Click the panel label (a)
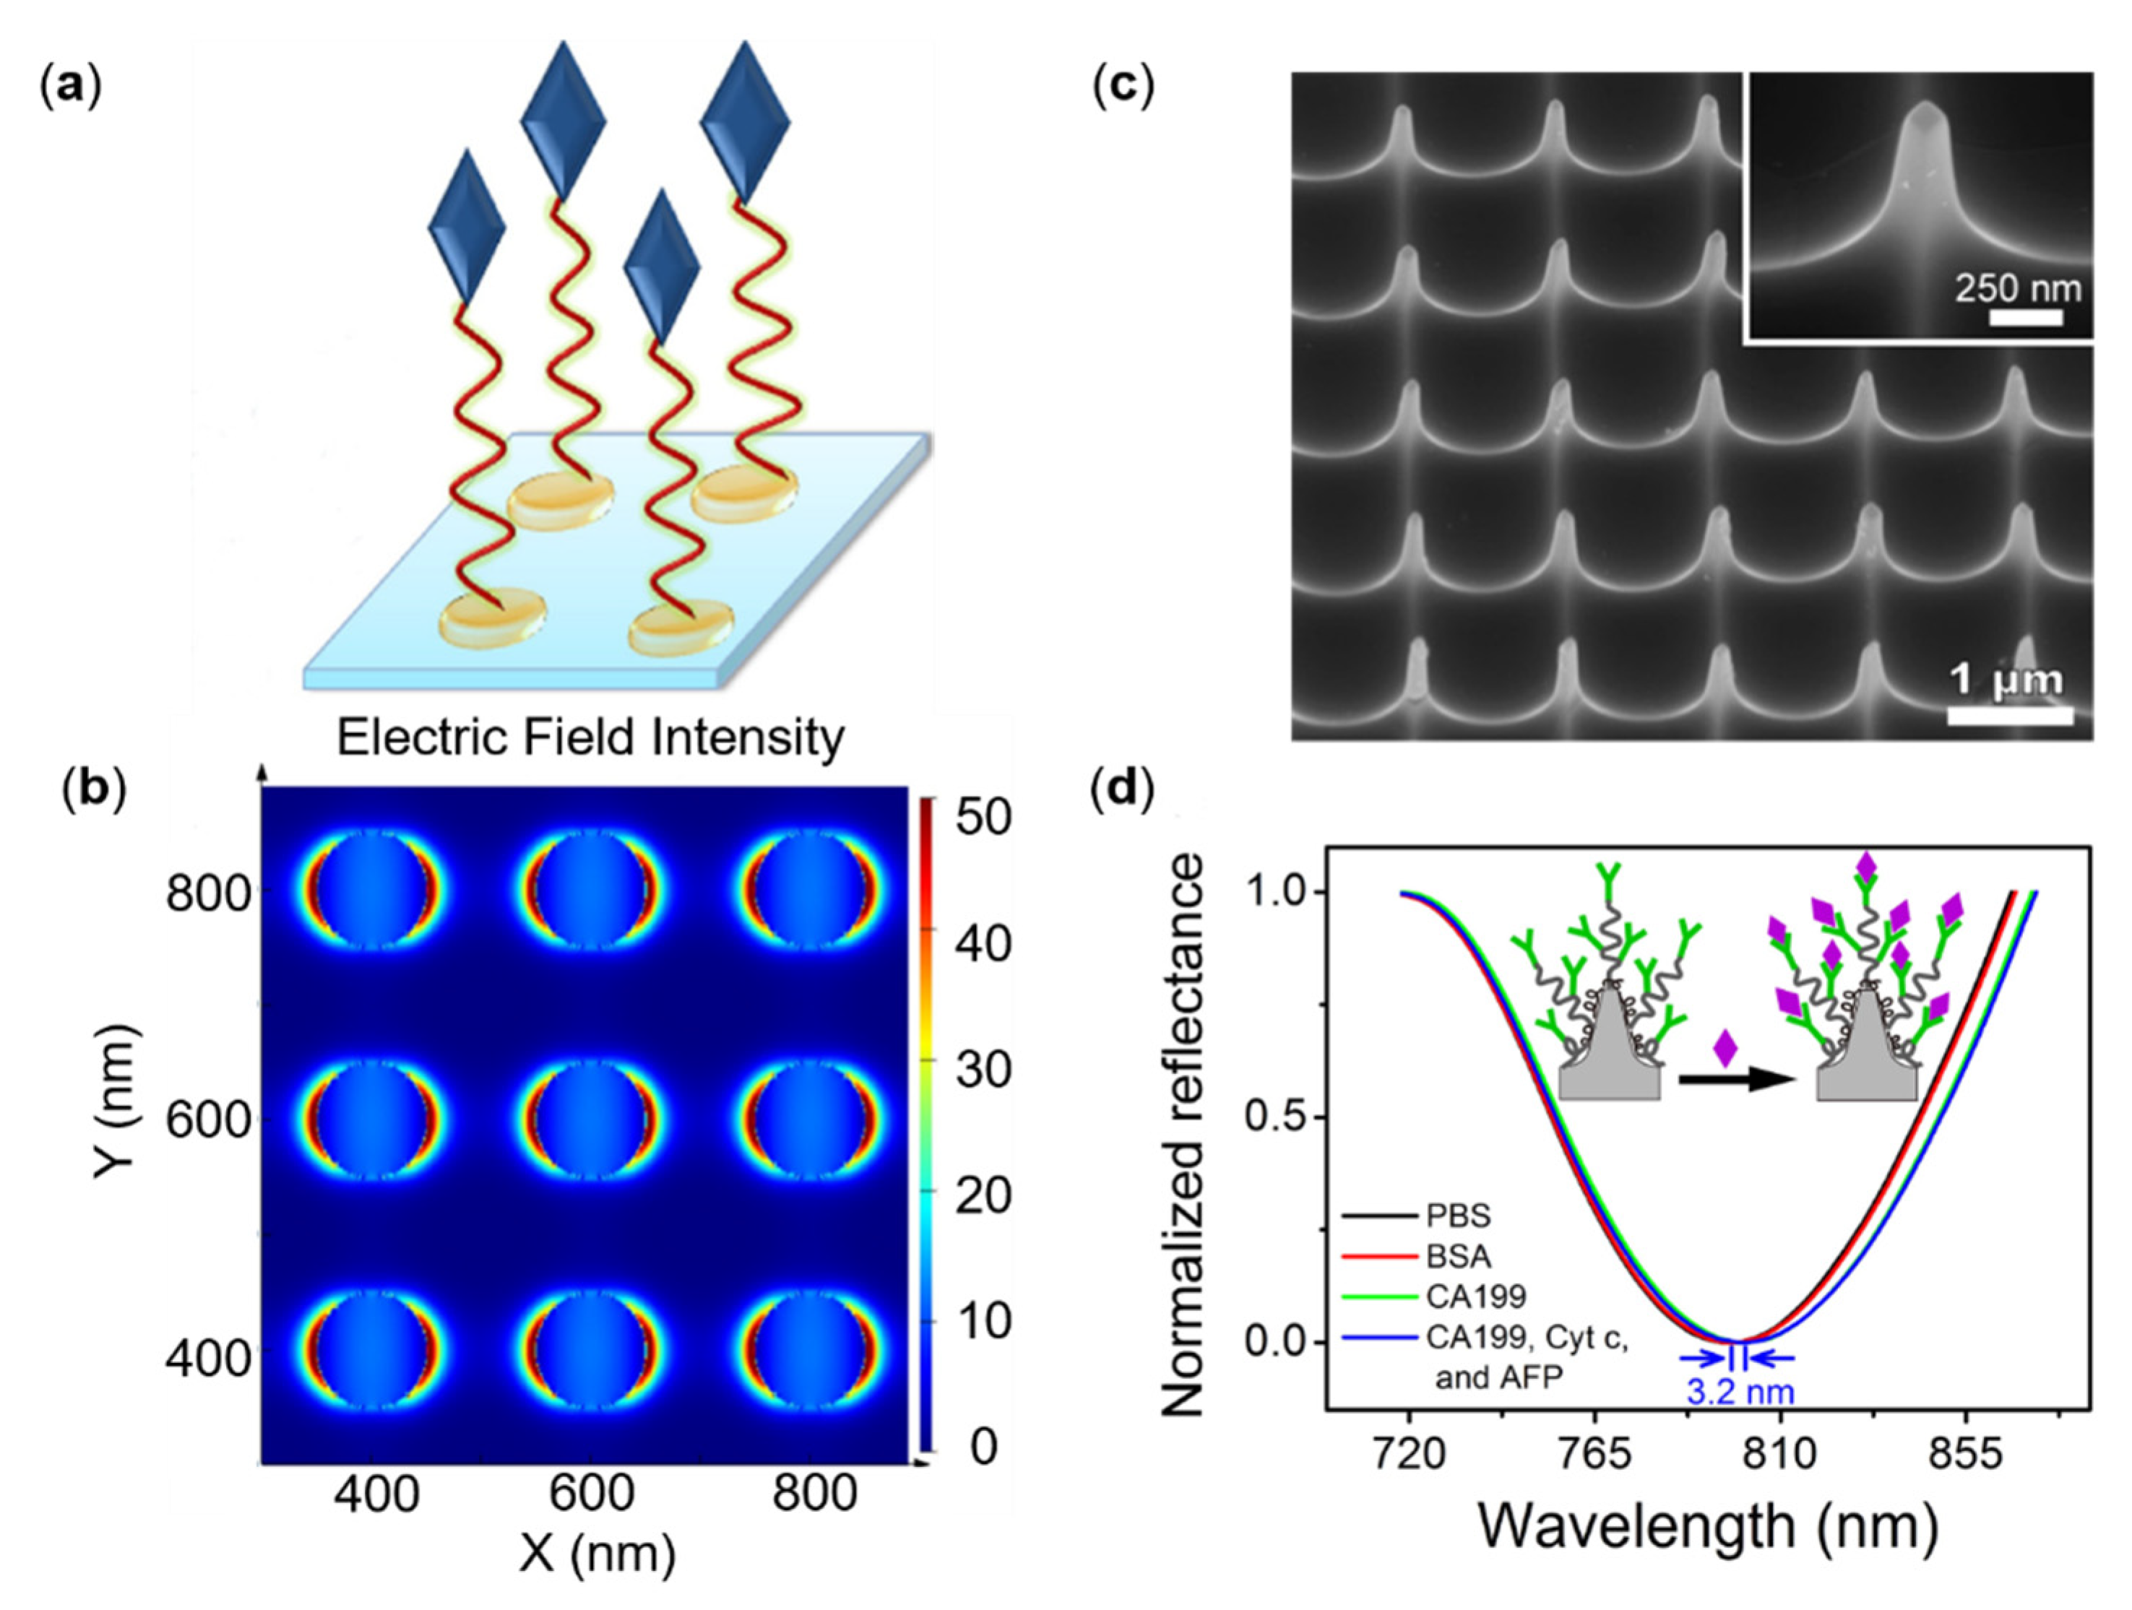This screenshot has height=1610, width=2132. tap(70, 86)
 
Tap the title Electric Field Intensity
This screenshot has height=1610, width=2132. tap(590, 738)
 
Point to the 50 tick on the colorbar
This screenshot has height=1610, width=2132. tap(983, 817)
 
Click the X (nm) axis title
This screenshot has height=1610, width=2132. tap(597, 1553)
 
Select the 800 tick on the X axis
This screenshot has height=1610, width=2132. tap(814, 1494)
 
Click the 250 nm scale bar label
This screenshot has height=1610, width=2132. tap(2017, 288)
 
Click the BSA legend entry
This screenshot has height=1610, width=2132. tap(1458, 1256)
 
